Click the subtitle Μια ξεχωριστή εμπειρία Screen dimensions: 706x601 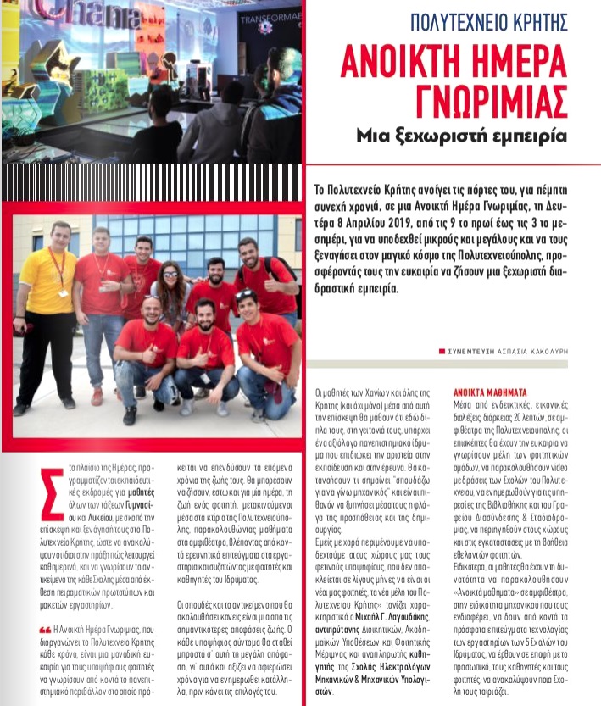[x=461, y=136]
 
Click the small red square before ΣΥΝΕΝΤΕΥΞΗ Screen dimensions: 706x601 [x=441, y=351]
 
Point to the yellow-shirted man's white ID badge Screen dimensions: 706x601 [x=63, y=293]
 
